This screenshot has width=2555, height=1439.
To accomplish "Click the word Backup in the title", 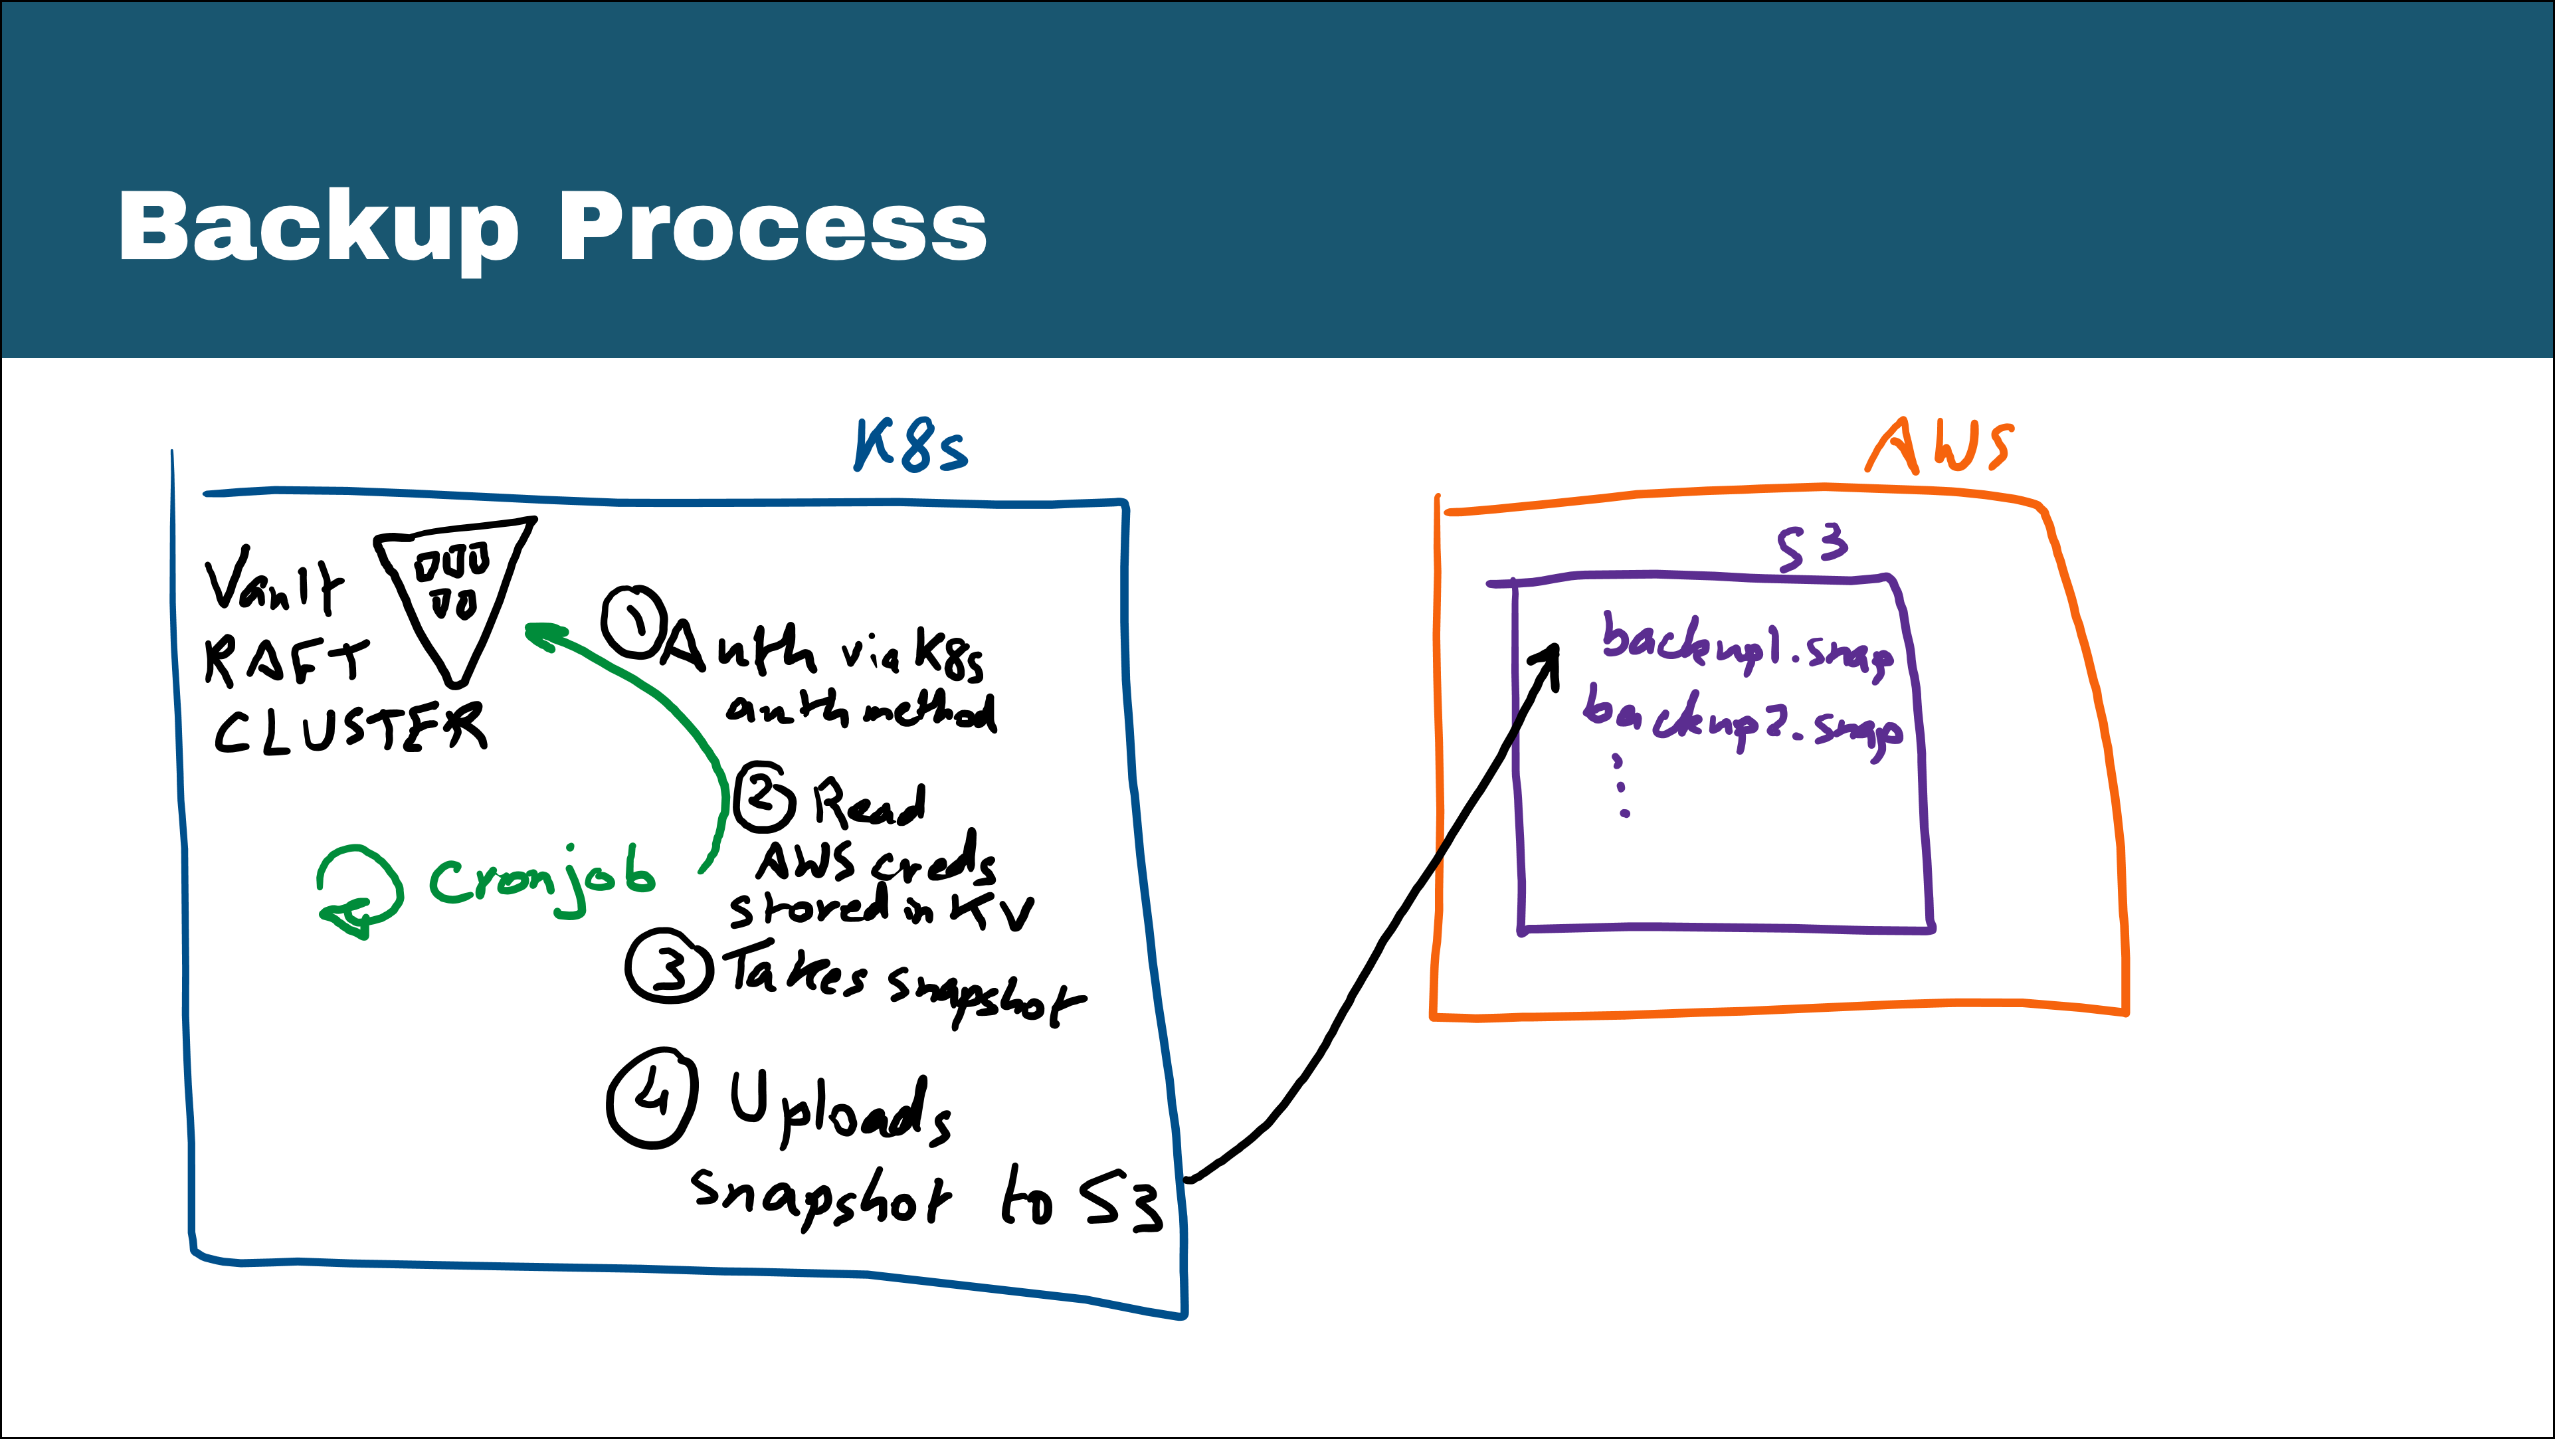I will [x=318, y=228].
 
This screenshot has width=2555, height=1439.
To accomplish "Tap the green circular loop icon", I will [x=359, y=890].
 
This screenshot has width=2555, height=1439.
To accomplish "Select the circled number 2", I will [x=764, y=797].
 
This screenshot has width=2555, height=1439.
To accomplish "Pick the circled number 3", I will [x=670, y=966].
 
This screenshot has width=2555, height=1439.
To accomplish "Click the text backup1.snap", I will [x=1748, y=646].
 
